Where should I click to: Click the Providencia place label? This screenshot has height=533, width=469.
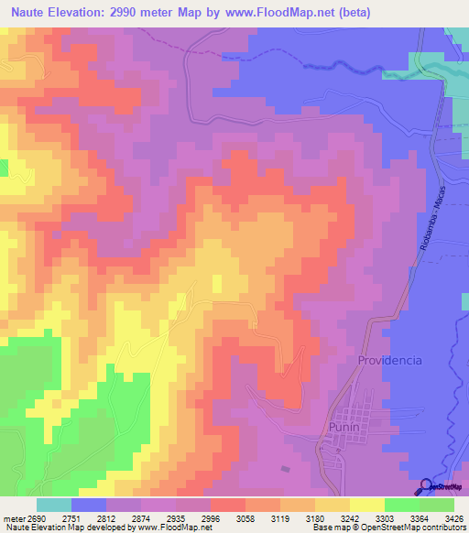coord(389,360)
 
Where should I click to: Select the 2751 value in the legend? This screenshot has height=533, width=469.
coord(71,517)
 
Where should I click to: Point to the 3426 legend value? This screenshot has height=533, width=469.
coord(455,517)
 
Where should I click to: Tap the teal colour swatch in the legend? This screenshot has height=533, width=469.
coord(53,505)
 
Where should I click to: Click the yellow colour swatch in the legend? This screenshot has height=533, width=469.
coord(366,505)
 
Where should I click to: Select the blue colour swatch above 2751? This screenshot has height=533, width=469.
coord(89,505)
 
